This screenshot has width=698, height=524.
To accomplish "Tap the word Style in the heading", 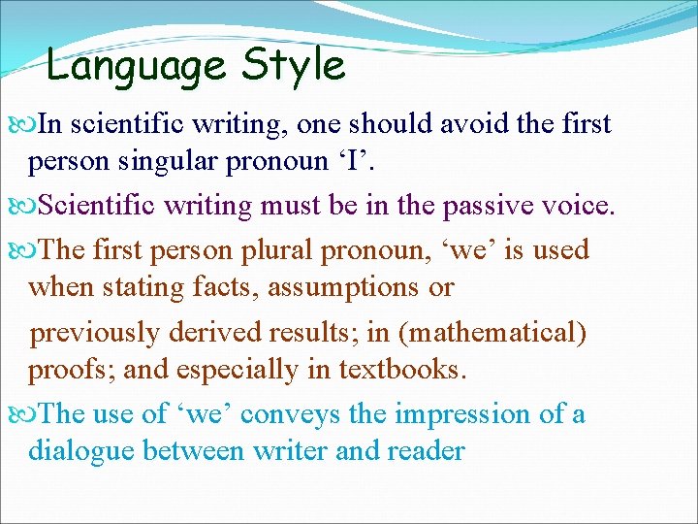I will coord(293,66).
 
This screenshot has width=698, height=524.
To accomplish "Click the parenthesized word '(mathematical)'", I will coord(492,333).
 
